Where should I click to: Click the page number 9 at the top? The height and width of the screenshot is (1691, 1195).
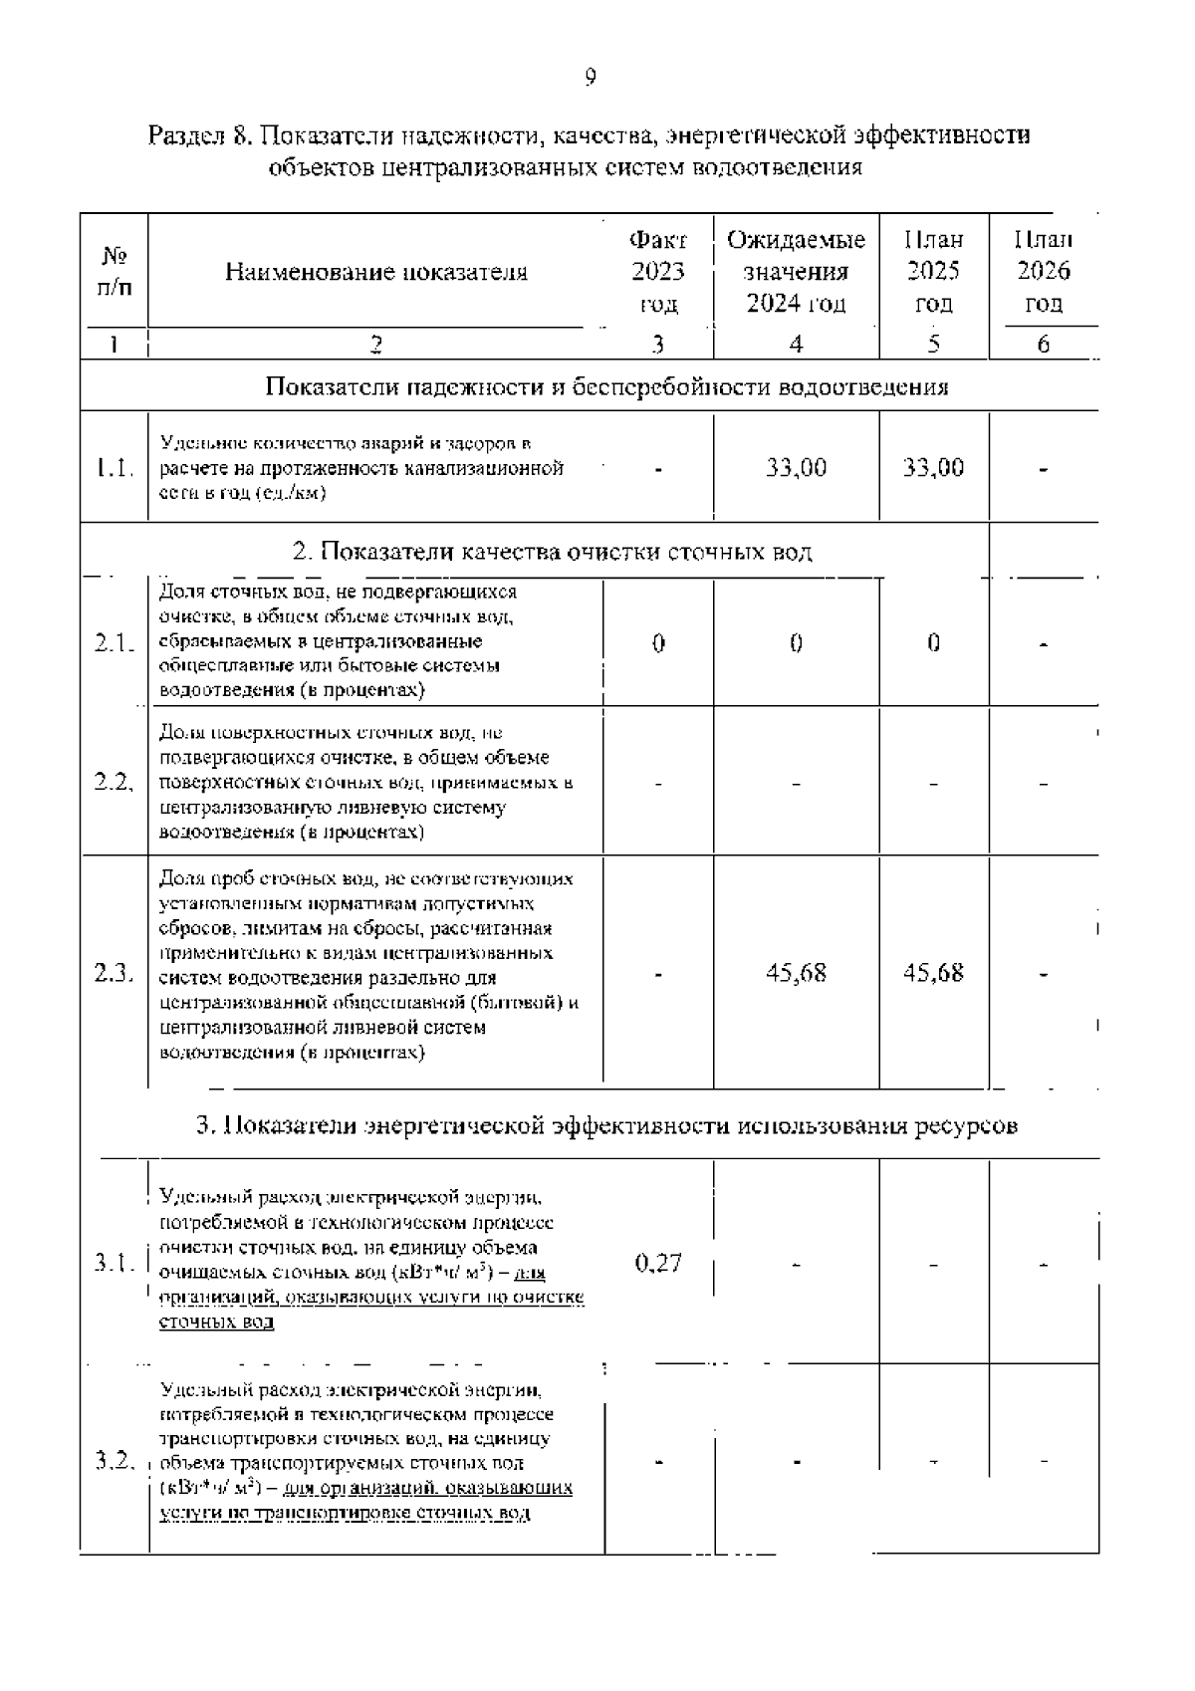591,77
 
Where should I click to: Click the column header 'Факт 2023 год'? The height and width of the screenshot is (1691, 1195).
657,272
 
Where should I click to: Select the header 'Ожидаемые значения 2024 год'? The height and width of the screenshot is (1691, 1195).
796,272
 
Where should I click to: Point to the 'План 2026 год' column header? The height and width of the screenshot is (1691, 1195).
1043,272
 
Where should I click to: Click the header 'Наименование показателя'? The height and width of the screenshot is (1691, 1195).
375,272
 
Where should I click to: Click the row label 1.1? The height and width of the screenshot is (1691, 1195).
115,468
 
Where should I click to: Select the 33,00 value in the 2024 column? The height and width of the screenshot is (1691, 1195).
796,468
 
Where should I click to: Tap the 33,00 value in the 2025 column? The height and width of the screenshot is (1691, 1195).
933,468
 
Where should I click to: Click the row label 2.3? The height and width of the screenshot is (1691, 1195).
115,973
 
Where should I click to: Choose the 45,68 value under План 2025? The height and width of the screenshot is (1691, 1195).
933,973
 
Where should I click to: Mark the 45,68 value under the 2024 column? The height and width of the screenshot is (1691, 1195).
796,973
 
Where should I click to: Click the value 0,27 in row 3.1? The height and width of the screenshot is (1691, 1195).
657,1263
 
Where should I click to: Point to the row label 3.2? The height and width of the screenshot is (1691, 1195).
115,1461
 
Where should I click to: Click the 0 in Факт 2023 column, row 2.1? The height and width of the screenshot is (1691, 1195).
657,643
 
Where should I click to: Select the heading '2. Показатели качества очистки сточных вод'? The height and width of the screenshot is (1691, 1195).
553,552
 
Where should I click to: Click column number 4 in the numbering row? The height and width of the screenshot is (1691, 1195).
796,345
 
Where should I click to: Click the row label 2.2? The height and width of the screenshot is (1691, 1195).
115,783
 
